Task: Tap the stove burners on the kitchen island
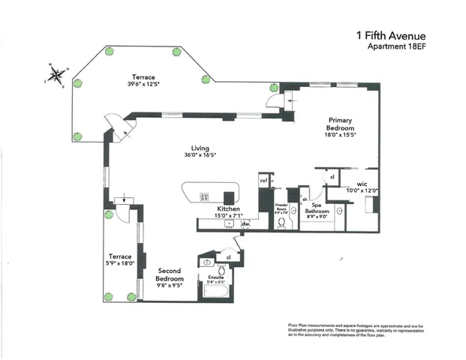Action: (x=203, y=197)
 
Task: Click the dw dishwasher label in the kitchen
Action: (x=245, y=223)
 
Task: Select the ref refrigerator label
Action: (x=264, y=180)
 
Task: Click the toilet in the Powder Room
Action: (x=283, y=223)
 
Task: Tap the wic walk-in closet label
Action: (x=362, y=183)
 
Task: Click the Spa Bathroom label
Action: (x=320, y=207)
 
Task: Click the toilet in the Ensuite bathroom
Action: (x=207, y=262)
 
